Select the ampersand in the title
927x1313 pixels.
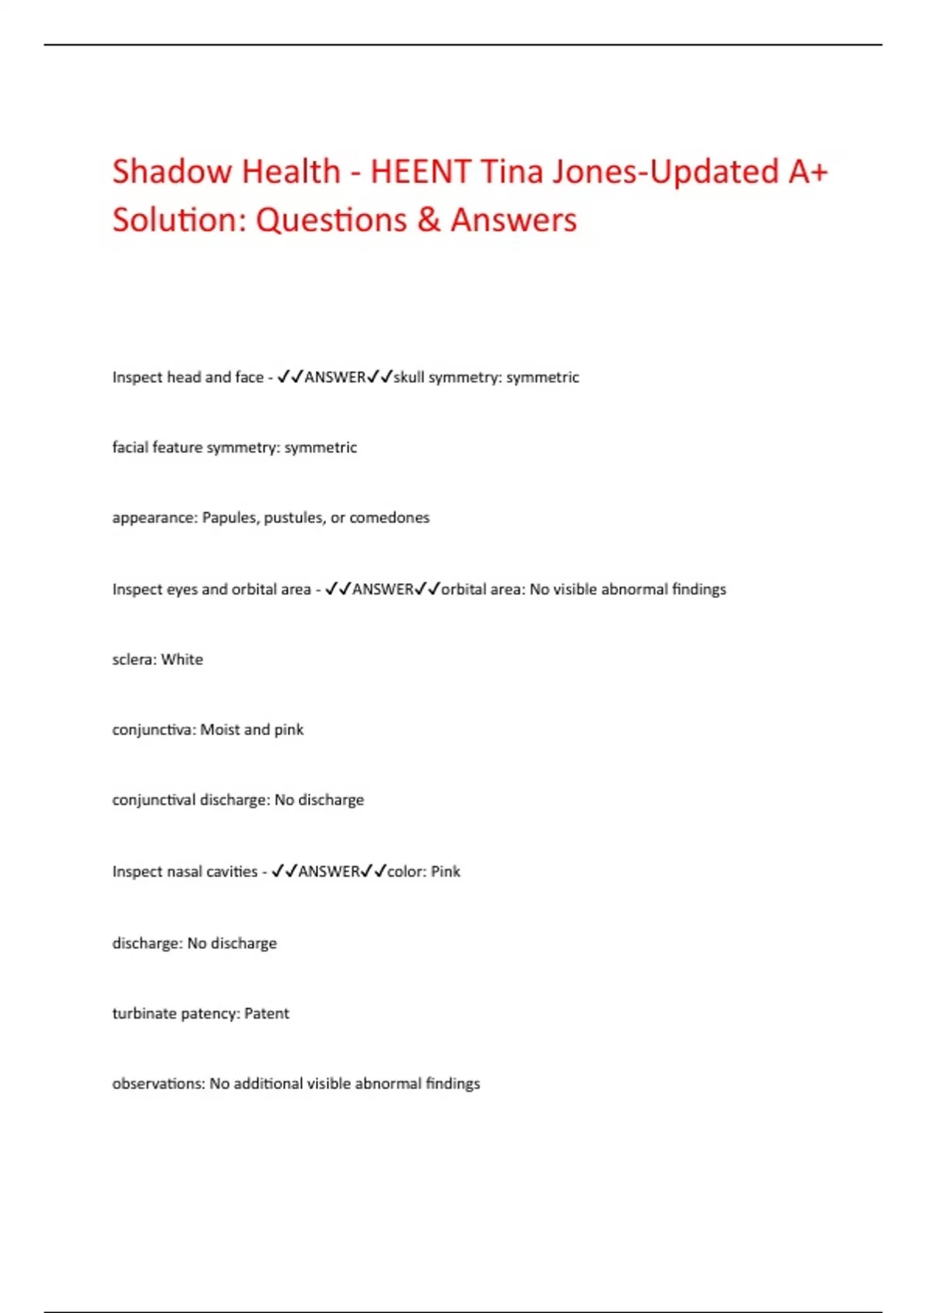click(429, 220)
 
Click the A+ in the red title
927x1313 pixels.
click(808, 171)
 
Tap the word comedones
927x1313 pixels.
click(389, 517)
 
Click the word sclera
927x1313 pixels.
click(134, 660)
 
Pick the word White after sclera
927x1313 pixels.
click(182, 660)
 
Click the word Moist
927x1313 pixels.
click(220, 730)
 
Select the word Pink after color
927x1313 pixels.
click(446, 872)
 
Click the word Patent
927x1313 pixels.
click(267, 1013)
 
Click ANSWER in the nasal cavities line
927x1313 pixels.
click(329, 872)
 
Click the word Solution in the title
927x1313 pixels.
click(179, 220)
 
